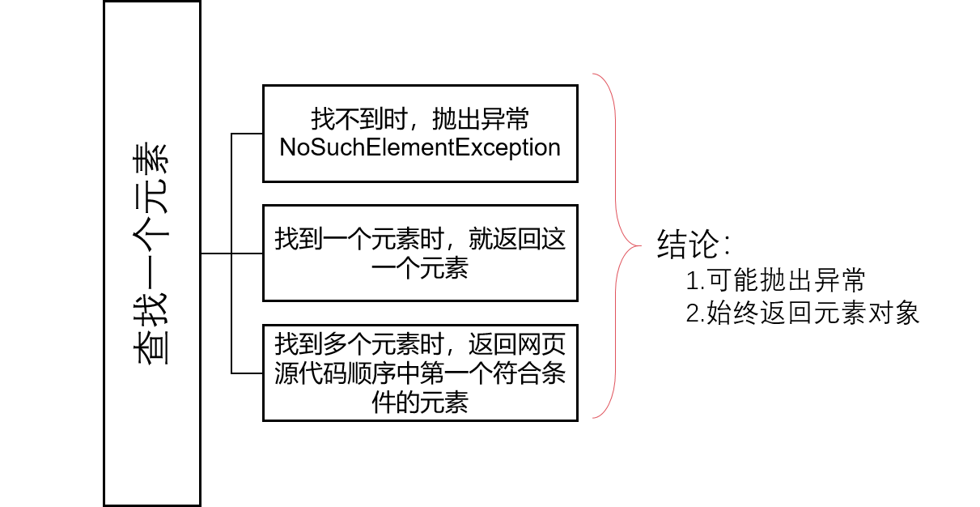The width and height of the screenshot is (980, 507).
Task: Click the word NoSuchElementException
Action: click(x=420, y=148)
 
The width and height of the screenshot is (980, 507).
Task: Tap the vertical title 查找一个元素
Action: click(x=151, y=253)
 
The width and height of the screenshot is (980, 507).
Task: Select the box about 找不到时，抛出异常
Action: click(x=420, y=133)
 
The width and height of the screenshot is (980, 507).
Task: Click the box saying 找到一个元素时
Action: click(x=420, y=253)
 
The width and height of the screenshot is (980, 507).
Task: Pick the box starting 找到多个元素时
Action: click(x=420, y=373)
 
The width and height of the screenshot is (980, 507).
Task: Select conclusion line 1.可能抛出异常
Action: click(x=775, y=280)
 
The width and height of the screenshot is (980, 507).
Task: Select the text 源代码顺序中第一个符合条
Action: click(x=420, y=373)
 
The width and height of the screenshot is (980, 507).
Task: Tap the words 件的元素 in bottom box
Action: click(x=420, y=403)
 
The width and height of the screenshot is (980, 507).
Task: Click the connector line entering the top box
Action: click(x=247, y=133)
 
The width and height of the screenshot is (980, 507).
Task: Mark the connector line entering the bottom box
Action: click(x=247, y=373)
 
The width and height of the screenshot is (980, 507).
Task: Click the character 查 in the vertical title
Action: click(x=151, y=349)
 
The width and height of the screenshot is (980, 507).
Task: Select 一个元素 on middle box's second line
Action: click(x=420, y=269)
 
